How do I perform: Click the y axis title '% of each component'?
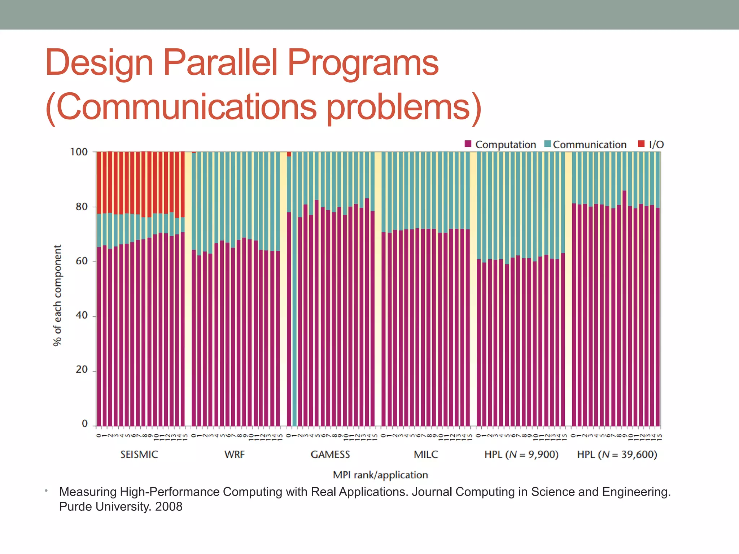(57, 295)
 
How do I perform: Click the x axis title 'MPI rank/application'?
(380, 475)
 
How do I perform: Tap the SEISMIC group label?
(139, 454)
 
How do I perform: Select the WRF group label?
(235, 454)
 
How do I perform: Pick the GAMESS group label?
(330, 454)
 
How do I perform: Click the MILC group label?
(426, 454)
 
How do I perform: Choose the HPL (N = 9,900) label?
(521, 454)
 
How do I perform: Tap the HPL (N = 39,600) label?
(617, 454)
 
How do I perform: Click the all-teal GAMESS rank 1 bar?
(294, 289)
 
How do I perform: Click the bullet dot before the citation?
(46, 491)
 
